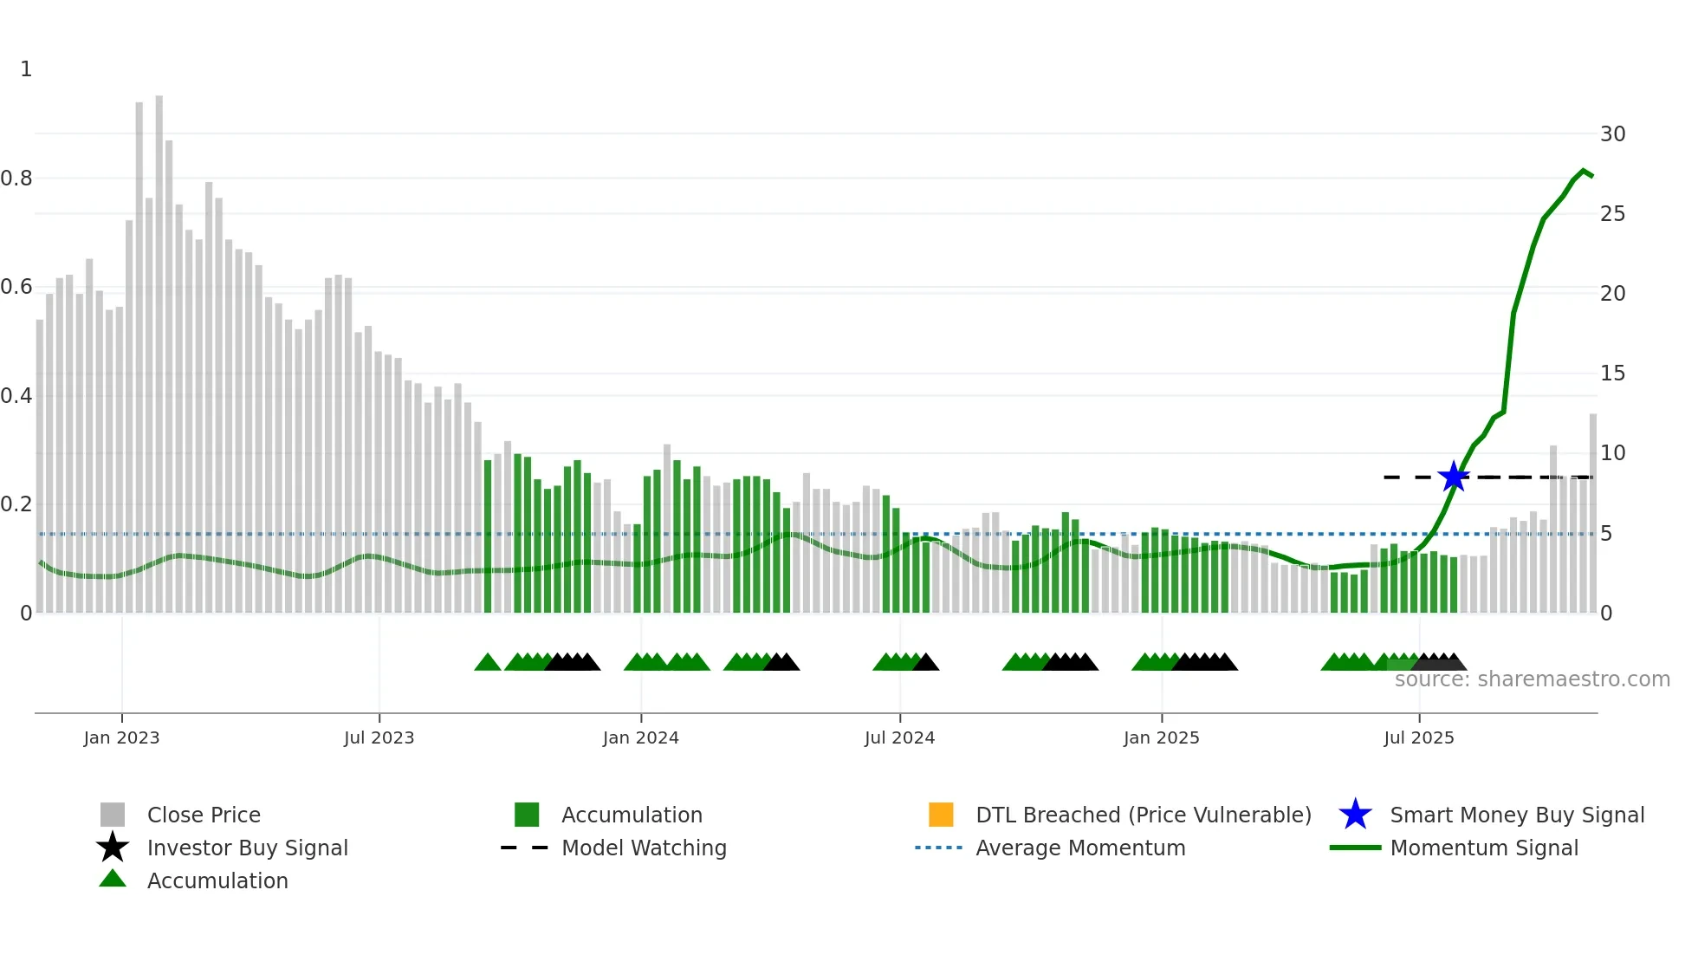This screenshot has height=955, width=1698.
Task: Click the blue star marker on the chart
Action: point(1453,477)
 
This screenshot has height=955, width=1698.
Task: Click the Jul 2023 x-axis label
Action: point(379,737)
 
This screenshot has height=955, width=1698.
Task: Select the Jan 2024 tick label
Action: point(640,737)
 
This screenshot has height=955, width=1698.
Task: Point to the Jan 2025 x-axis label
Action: point(1161,737)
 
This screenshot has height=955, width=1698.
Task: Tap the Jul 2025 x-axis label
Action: point(1418,737)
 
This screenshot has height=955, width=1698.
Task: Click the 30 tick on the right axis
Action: point(1612,134)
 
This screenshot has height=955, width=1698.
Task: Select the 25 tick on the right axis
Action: point(1612,214)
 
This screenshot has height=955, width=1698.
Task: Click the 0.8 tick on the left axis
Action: point(16,179)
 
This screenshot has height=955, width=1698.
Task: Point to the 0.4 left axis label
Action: point(16,396)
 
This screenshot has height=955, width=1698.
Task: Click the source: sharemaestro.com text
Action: point(1532,679)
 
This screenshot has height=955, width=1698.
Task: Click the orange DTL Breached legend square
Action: point(941,815)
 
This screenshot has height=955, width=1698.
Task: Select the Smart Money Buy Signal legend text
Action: point(1516,815)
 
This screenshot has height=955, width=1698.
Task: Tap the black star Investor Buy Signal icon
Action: point(113,848)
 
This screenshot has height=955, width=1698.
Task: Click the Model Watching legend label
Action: point(644,848)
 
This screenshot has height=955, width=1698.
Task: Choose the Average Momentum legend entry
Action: point(1079,848)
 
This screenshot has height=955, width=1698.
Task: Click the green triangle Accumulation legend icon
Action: point(113,879)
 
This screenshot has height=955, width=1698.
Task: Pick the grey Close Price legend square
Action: point(113,815)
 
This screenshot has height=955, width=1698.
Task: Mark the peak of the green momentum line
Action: point(1584,171)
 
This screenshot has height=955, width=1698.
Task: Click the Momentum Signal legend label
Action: point(1483,848)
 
